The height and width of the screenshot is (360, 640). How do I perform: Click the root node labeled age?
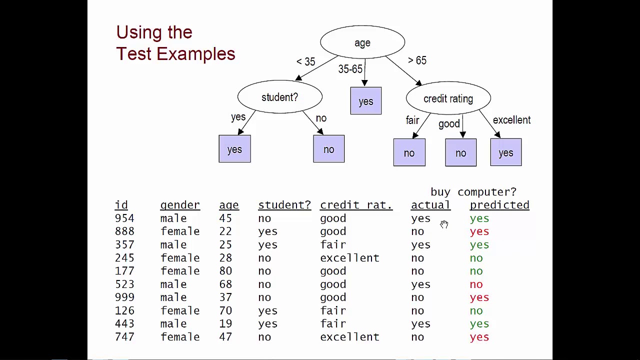[x=362, y=43]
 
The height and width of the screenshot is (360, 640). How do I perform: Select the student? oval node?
[x=279, y=97]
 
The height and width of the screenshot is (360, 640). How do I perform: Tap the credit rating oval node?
[x=448, y=99]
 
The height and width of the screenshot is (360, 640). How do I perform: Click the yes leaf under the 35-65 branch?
[x=365, y=101]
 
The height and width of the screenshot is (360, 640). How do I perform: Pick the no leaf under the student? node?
[x=328, y=149]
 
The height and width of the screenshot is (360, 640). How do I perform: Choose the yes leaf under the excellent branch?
[x=505, y=152]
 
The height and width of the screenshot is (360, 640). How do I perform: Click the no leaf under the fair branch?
[x=409, y=152]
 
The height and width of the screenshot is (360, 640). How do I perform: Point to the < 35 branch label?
[x=305, y=61]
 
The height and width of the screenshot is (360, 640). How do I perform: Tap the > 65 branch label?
[x=417, y=60]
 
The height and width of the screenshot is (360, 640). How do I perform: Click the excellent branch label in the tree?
[x=511, y=120]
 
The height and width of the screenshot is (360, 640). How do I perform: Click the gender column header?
[x=180, y=205]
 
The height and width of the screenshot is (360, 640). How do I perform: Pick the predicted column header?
[x=499, y=205]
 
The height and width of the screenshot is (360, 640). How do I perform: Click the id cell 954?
[x=124, y=218]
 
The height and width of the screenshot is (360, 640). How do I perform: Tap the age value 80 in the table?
[x=225, y=271]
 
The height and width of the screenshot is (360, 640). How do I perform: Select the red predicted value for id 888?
[x=479, y=231]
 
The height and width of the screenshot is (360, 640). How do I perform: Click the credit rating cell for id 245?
[x=349, y=258]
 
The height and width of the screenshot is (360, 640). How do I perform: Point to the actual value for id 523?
[x=420, y=284]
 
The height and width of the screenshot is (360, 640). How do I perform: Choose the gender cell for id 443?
[x=173, y=324]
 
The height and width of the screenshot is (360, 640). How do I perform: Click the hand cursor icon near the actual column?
[x=444, y=224]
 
